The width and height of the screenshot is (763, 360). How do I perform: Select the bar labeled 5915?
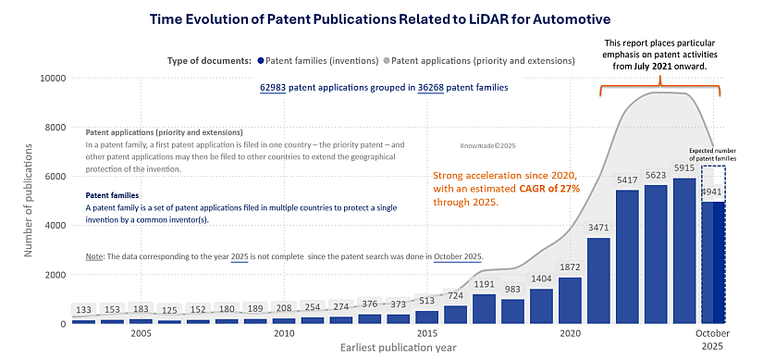[683, 250]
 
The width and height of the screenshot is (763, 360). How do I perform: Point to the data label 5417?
[626, 180]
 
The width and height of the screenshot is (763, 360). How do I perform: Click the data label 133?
[83, 310]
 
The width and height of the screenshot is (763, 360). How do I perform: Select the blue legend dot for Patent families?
[260, 61]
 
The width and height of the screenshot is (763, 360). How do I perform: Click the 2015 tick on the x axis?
[426, 333]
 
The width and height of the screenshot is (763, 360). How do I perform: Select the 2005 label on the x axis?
[141, 333]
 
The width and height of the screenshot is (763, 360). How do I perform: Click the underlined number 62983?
[274, 88]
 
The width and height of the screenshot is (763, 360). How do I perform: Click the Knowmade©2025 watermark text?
[485, 145]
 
